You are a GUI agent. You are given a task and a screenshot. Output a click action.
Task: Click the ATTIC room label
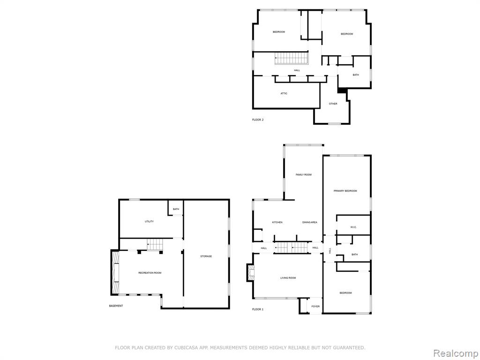(284, 93)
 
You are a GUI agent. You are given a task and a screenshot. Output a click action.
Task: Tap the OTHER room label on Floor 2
(333, 104)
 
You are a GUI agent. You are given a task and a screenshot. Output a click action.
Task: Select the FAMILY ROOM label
(304, 175)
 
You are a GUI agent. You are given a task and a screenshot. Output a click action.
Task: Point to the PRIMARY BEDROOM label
(345, 191)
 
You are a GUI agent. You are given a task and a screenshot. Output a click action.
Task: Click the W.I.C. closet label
(353, 227)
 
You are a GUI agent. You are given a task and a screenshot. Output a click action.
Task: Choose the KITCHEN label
(277, 222)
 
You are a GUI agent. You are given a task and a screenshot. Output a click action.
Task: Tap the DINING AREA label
(310, 222)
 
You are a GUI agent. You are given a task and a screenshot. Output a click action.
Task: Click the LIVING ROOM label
(288, 278)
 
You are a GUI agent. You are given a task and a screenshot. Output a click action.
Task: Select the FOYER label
(315, 307)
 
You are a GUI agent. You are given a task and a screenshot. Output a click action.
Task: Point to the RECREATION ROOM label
(150, 273)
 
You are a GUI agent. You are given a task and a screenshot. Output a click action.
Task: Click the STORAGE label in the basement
(206, 256)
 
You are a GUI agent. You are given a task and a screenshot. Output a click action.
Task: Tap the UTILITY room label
(150, 221)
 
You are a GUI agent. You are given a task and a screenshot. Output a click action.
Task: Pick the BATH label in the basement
(176, 209)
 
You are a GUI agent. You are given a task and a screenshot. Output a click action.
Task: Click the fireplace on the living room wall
(251, 273)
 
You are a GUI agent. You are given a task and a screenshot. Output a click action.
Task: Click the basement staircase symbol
(155, 245)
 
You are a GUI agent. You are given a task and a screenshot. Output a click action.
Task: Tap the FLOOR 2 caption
(258, 120)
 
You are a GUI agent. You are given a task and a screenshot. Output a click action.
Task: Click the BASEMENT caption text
(116, 306)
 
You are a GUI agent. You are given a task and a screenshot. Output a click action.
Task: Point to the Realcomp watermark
(455, 353)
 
